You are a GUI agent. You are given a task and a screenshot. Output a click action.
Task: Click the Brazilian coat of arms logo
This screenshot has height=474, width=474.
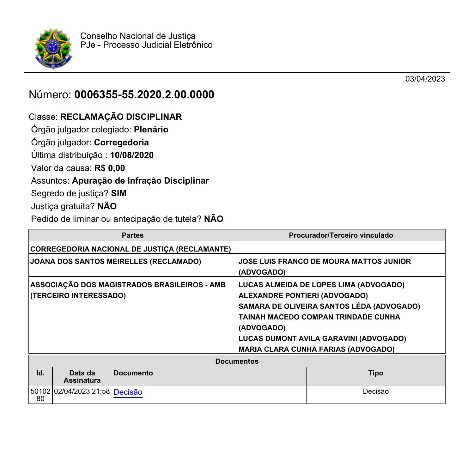[53, 48]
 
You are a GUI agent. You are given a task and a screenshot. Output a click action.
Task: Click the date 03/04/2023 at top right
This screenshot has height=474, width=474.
[425, 79]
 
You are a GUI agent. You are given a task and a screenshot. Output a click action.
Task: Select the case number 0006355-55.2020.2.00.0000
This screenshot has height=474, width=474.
[144, 95]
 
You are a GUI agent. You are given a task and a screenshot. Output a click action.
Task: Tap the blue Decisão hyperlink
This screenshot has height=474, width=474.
[128, 392]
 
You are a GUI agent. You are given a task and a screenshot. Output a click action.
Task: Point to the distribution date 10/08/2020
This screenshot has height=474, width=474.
[132, 155]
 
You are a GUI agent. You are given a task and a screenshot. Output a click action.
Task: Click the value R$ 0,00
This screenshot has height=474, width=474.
[110, 168]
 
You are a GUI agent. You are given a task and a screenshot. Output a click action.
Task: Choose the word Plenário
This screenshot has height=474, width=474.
[151, 130]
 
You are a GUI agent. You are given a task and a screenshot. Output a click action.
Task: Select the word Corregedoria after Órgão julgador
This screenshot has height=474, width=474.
[121, 143]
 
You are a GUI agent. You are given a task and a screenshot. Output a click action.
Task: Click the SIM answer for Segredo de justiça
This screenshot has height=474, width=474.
[118, 193]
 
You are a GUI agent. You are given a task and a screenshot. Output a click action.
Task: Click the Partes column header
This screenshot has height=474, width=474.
[133, 235]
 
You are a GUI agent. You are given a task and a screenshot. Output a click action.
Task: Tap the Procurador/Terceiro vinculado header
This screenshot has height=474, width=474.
[341, 235]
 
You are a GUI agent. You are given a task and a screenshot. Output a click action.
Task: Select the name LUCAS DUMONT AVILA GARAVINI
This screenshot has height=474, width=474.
[298, 338]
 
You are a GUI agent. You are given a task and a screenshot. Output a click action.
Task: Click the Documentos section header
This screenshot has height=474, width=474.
[237, 361]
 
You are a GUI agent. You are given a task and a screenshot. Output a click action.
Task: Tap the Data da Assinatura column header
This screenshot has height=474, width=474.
[82, 376]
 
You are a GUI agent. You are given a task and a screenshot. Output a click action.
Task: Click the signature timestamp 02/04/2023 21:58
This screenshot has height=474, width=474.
[82, 392]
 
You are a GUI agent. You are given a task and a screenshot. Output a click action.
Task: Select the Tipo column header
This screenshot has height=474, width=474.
[375, 373]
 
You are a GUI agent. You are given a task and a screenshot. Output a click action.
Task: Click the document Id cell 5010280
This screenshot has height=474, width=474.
[40, 395]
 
